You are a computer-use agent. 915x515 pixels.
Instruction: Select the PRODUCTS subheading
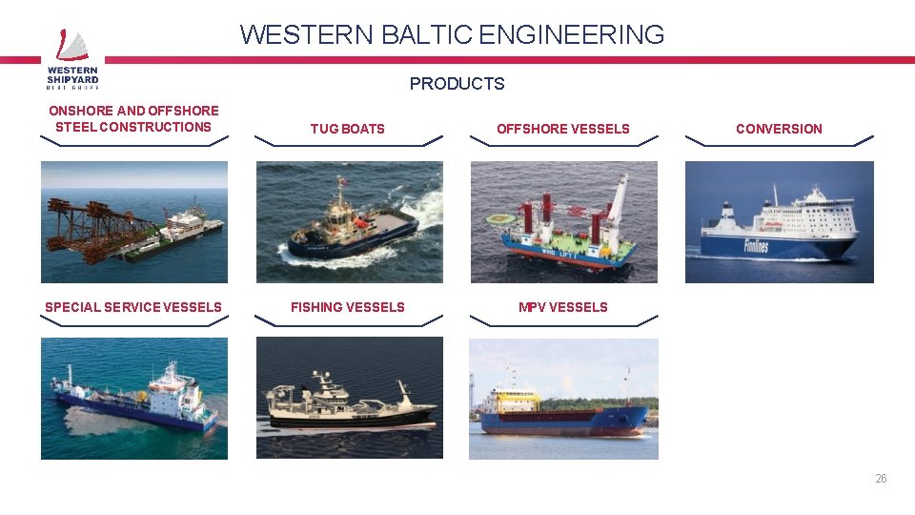[457, 84]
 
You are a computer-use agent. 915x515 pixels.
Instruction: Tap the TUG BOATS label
[348, 129]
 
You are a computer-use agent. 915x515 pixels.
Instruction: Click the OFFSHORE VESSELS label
[562, 129]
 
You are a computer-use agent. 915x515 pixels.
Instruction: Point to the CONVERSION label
[779, 129]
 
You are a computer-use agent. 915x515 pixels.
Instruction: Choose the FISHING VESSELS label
[348, 307]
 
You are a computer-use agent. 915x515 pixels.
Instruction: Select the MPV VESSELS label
[562, 307]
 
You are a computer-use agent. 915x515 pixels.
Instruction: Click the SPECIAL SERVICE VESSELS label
[133, 307]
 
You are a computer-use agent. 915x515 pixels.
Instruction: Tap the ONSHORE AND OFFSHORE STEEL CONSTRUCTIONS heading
[133, 118]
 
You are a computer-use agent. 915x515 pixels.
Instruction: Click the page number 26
[881, 479]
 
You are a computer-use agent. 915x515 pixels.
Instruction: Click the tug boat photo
[349, 221]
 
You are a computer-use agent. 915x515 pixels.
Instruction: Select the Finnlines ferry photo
[779, 221]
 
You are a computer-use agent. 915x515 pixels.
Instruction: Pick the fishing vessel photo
[349, 398]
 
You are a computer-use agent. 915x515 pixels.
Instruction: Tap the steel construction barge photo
[134, 221]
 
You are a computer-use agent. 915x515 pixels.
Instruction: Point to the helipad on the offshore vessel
[498, 218]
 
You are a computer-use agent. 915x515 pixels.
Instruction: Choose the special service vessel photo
[134, 398]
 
